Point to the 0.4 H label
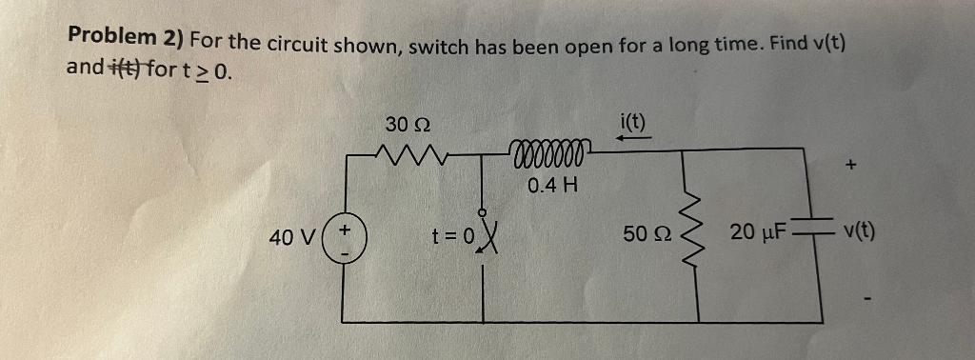point(551,184)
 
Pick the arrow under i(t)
point(632,139)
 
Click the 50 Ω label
point(644,233)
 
